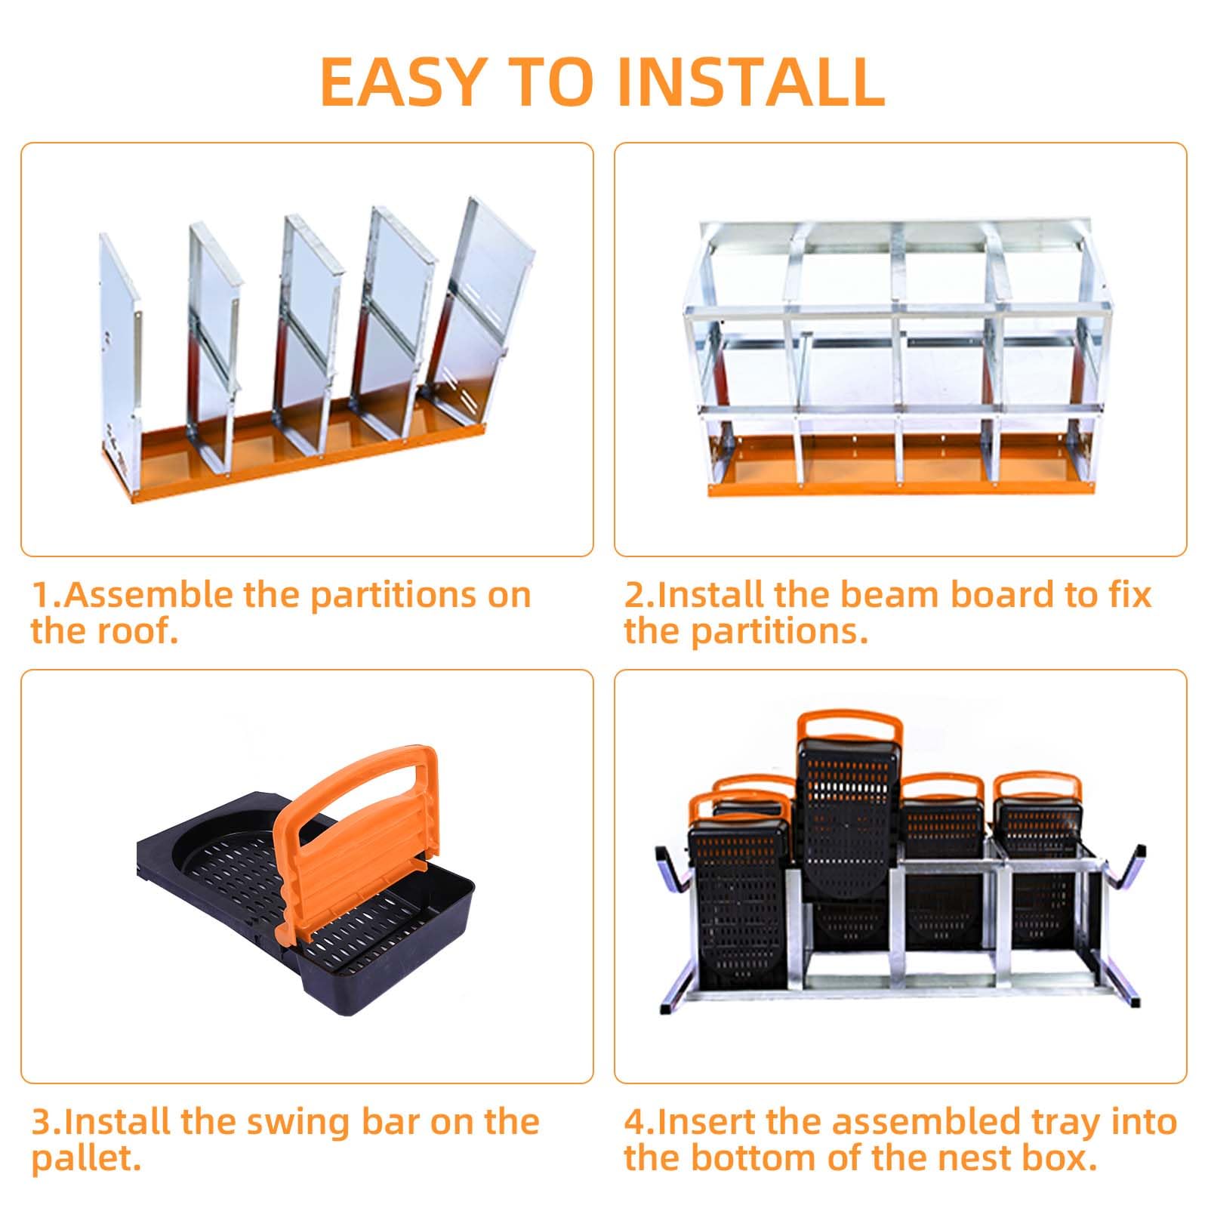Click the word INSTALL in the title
[x=751, y=80]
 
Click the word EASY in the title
[x=402, y=80]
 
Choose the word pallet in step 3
[x=85, y=1160]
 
